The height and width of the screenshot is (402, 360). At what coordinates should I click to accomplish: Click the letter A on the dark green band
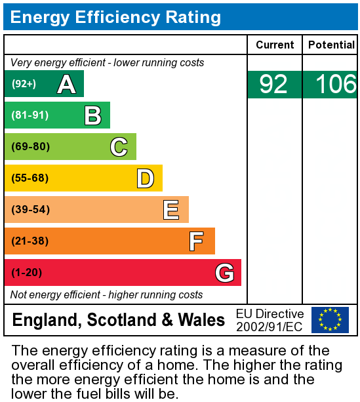(66, 84)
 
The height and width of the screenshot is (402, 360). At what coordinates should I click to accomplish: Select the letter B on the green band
(92, 115)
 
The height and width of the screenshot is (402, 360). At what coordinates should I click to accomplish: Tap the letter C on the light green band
(119, 147)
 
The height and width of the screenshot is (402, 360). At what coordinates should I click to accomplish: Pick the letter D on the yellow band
(145, 178)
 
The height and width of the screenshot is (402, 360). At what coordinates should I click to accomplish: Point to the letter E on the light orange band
(171, 210)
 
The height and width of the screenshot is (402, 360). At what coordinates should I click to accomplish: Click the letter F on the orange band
(196, 241)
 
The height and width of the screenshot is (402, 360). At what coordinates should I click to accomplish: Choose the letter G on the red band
(224, 273)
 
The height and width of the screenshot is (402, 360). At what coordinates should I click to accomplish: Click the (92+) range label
(24, 84)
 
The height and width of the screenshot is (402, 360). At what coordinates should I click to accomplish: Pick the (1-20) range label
(27, 273)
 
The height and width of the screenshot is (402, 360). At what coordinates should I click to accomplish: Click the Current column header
(275, 45)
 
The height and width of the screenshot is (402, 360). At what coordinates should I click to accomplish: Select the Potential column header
(331, 45)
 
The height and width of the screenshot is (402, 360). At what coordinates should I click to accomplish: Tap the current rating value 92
(273, 85)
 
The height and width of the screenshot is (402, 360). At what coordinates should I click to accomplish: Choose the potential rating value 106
(335, 85)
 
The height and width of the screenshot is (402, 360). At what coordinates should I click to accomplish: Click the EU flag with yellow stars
(330, 320)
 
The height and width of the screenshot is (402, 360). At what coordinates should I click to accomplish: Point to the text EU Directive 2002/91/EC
(270, 320)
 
